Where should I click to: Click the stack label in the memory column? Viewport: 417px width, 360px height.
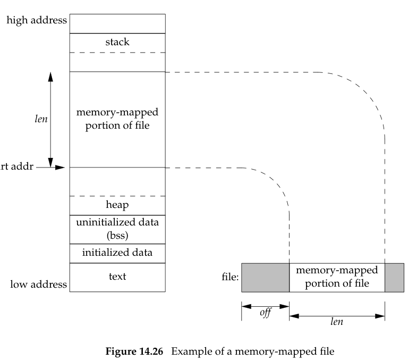coord(117,42)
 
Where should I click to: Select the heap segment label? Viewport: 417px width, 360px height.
coord(117,204)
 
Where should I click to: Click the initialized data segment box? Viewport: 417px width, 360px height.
coord(117,253)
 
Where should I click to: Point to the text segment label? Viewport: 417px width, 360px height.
coord(117,277)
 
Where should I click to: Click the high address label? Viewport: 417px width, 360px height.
coord(37,21)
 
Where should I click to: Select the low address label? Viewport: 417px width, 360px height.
coord(39,284)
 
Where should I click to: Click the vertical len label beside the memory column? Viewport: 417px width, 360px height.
coord(41,119)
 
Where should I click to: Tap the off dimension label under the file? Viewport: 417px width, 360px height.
coord(265,312)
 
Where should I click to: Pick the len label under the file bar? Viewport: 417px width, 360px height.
coord(337,322)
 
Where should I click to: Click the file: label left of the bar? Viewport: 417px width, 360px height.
coord(229,278)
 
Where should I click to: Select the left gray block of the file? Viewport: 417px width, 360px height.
coord(265,277)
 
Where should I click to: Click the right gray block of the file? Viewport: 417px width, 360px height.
coord(394,277)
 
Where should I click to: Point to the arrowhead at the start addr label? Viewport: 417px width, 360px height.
coord(61,168)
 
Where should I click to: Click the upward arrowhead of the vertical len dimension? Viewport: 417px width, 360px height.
coord(51,76)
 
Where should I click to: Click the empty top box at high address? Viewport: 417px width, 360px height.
coord(117,23)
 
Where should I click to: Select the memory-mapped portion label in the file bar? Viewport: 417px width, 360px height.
coord(337,277)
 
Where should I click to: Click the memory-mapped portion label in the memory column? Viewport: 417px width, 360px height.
coord(117,119)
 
